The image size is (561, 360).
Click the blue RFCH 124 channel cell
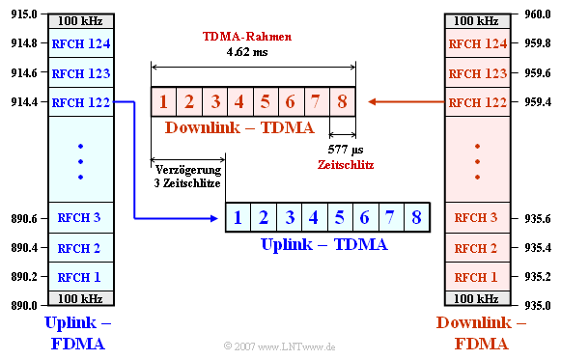tap(81, 43)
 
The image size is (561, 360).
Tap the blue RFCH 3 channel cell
tap(81, 217)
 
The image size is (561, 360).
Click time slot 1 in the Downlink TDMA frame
tap(164, 101)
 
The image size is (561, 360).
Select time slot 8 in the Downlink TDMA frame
tap(342, 101)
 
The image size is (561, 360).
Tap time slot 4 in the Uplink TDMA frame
tap(313, 218)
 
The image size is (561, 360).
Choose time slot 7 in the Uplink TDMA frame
tap(389, 218)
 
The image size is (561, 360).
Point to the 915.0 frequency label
tap(22, 14)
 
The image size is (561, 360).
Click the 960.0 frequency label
tap(538, 14)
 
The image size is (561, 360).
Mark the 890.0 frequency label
tap(22, 305)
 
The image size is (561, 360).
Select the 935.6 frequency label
tap(538, 218)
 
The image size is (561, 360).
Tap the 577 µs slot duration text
tap(345, 150)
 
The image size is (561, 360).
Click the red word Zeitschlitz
tap(345, 165)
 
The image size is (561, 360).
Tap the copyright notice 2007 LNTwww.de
tap(280, 346)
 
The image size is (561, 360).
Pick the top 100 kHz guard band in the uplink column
tap(81, 20)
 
